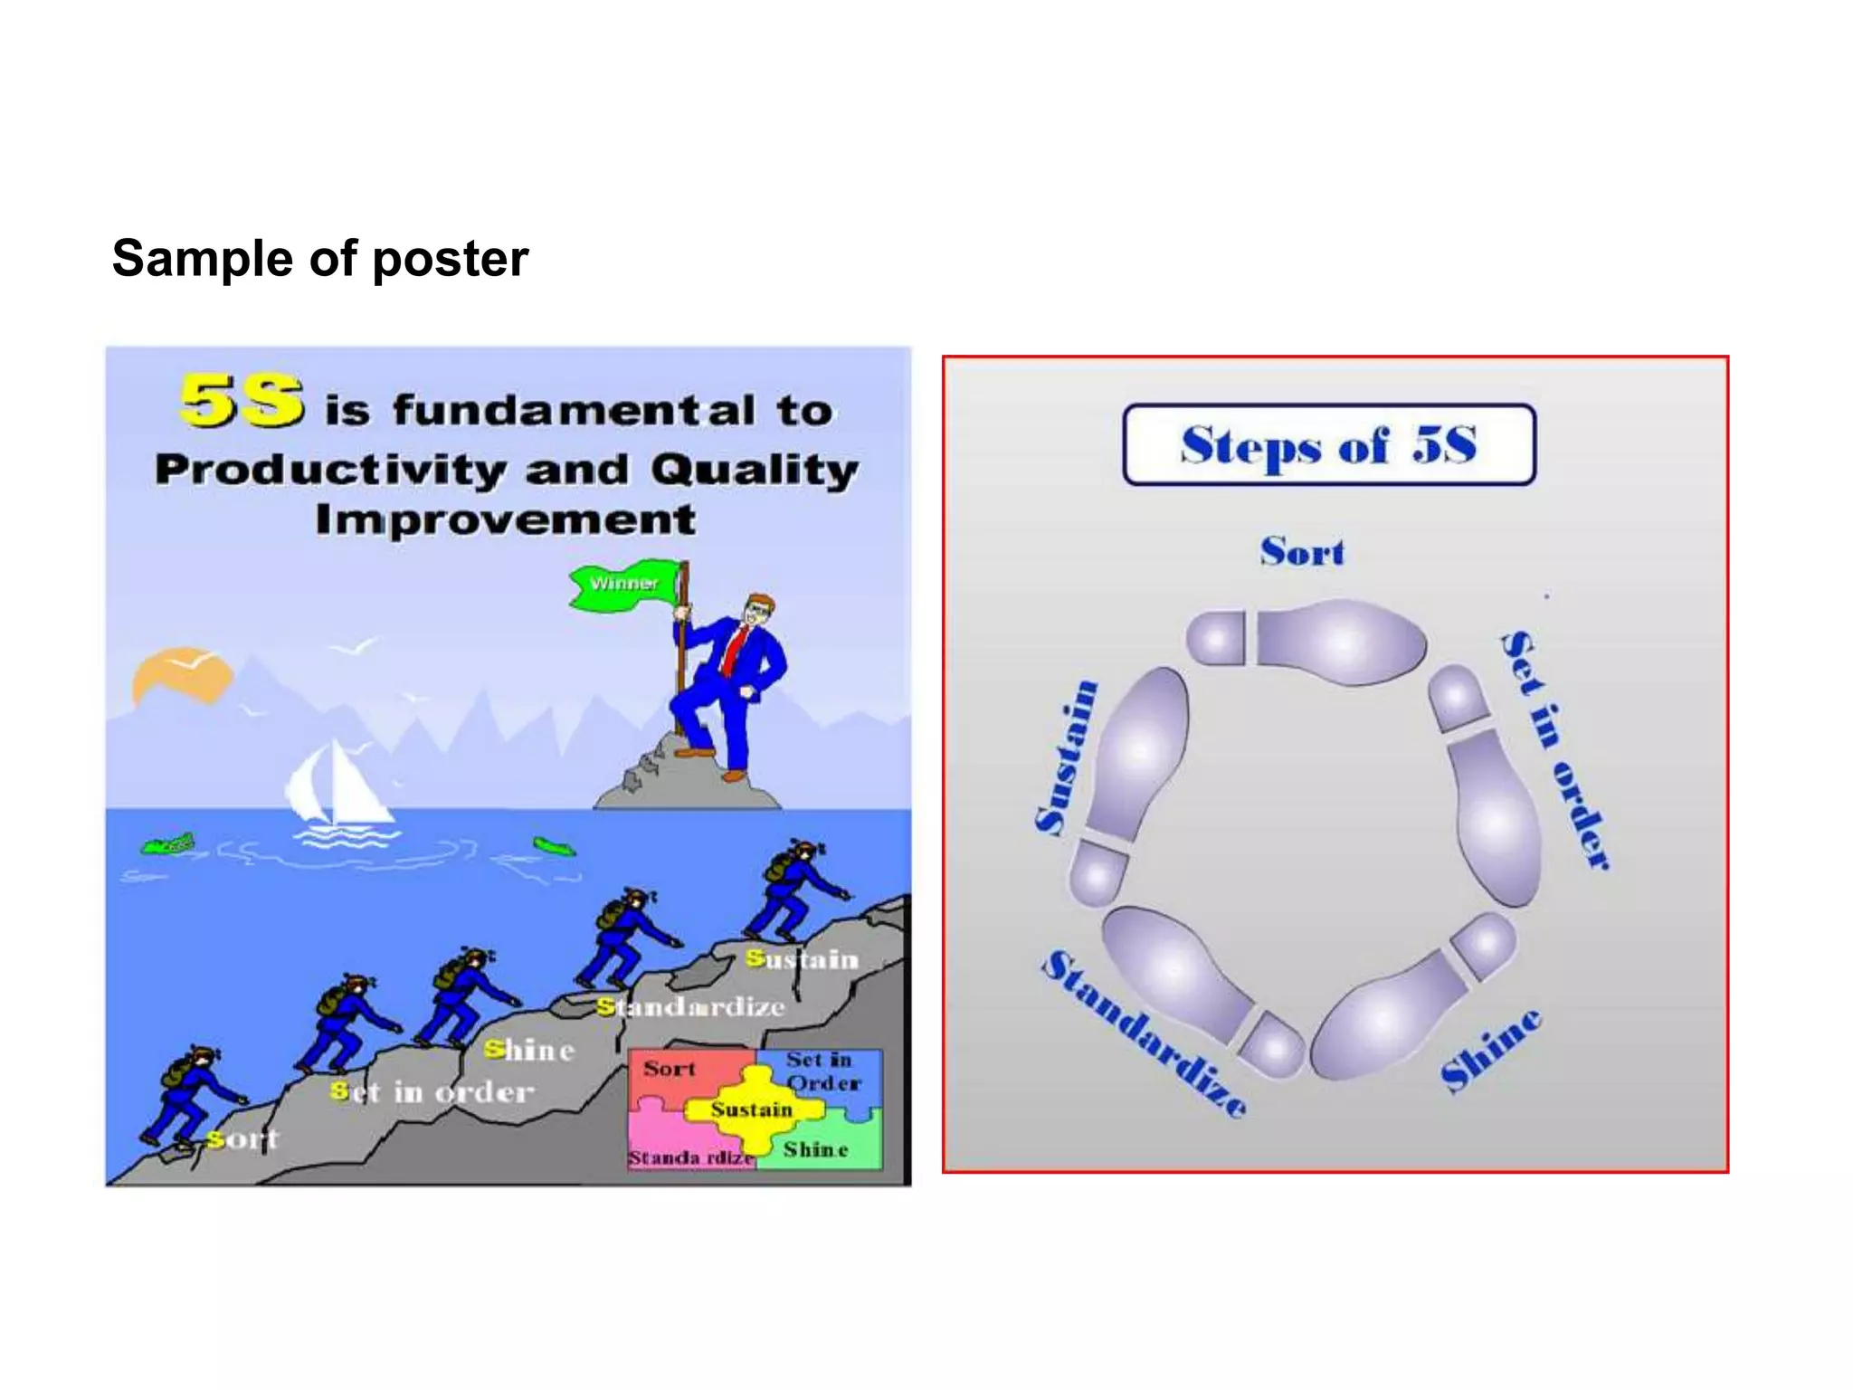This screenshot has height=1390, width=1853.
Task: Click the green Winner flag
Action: pos(624,584)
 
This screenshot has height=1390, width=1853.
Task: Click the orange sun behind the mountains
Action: pos(178,674)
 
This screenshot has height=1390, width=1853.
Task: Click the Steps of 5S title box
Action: pos(1328,445)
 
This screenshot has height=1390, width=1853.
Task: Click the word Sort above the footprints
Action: pos(1302,552)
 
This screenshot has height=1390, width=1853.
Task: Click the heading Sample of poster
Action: pos(320,259)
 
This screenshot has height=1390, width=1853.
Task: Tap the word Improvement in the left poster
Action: pos(506,520)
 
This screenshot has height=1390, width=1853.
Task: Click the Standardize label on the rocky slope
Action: pos(691,1007)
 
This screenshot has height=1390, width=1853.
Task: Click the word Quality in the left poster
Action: pos(754,470)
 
